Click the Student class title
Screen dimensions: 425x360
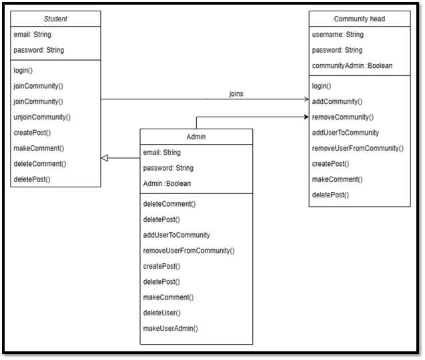pos(55,19)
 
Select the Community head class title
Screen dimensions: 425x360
pos(360,19)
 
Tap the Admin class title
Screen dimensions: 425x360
pos(196,137)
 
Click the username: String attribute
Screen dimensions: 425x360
pos(338,35)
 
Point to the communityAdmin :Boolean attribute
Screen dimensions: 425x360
pos(352,65)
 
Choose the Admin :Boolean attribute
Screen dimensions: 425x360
pos(167,183)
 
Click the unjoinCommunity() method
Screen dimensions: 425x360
pos(42,117)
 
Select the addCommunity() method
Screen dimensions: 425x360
pos(337,101)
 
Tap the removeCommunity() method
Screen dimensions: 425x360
pos(343,117)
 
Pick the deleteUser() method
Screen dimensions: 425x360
pos(162,313)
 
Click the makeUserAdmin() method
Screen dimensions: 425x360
pos(171,328)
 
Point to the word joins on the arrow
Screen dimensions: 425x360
pos(236,94)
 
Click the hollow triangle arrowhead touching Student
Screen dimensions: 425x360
pos(105,158)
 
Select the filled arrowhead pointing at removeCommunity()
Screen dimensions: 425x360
pos(306,117)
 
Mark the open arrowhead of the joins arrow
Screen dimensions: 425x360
pos(306,99)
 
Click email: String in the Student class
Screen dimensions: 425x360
pos(32,35)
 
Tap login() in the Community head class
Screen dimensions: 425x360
pos(322,86)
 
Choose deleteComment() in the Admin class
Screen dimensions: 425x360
pos(169,204)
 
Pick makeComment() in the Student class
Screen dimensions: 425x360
pos(39,148)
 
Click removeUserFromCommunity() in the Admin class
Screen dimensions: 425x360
pos(189,251)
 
